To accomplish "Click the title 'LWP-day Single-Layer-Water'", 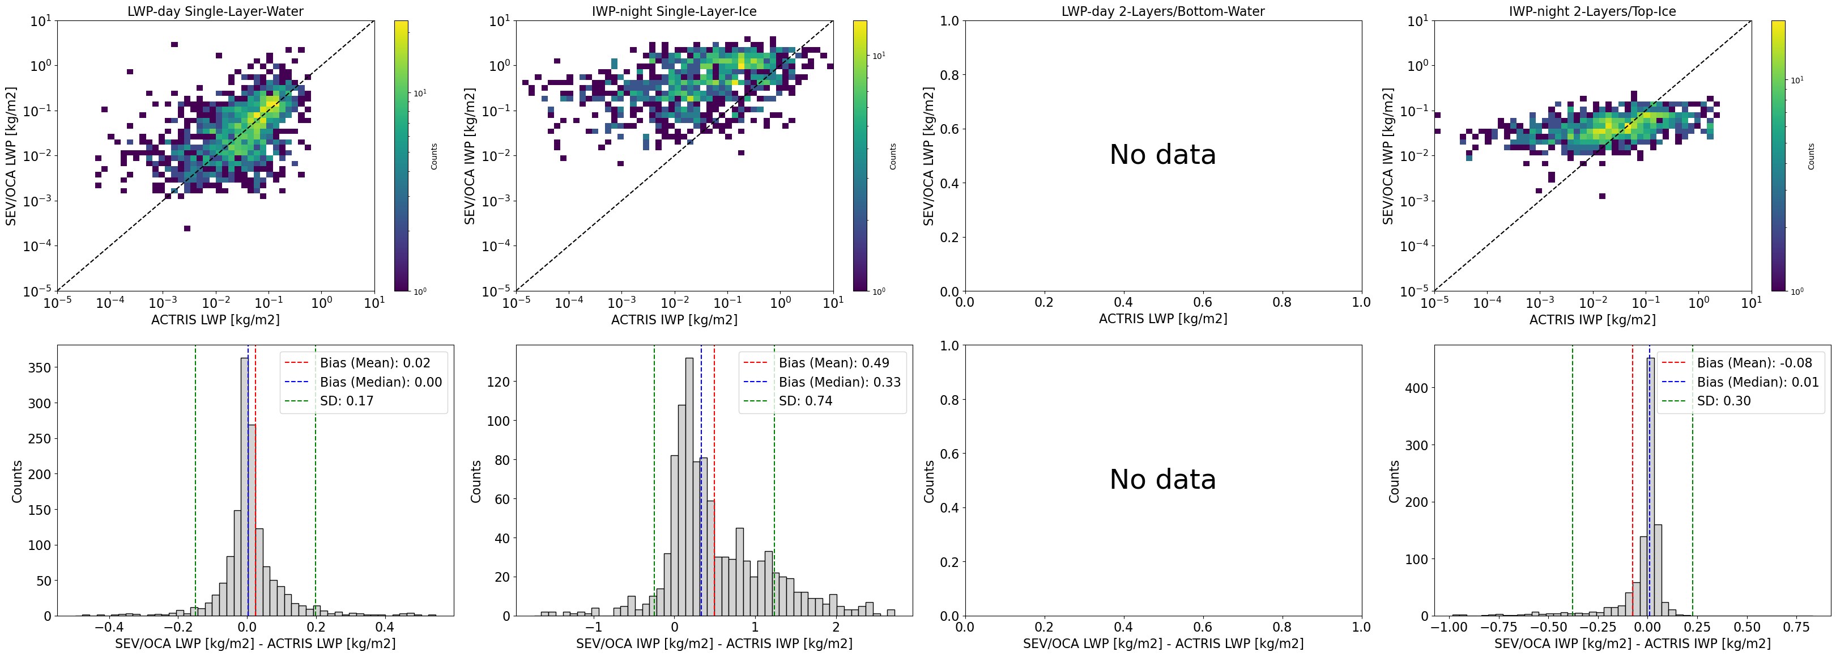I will pyautogui.click(x=215, y=11).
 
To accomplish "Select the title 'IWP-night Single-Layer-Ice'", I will pyautogui.click(x=674, y=11).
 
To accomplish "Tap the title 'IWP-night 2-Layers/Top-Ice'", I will pyautogui.click(x=1592, y=11).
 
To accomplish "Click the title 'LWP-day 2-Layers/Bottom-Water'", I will pyautogui.click(x=1162, y=11).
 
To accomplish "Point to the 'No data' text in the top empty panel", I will pyautogui.click(x=1162, y=155).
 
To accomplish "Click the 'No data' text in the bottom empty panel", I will pyautogui.click(x=1162, y=479).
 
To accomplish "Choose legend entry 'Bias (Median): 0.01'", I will pyautogui.click(x=1758, y=382).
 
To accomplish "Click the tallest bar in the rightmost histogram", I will pyautogui.click(x=1651, y=485).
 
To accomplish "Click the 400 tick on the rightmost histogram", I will pyautogui.click(x=1416, y=388).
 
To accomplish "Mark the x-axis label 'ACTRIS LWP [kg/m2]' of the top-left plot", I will pyautogui.click(x=215, y=319).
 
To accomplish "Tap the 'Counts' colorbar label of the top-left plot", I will pyautogui.click(x=434, y=156).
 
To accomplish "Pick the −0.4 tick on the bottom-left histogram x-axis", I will pyautogui.click(x=108, y=628).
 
